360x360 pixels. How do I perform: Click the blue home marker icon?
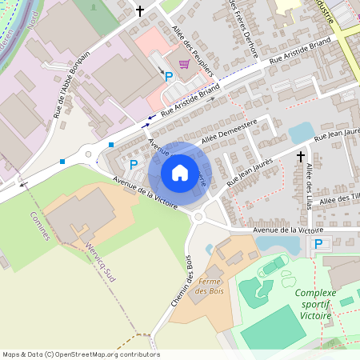point(180,171)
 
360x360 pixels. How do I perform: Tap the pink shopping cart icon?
point(184,64)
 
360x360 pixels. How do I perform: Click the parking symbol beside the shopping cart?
point(169,77)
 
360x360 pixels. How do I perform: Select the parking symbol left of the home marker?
point(134,164)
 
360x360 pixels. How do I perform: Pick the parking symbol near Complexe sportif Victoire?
point(318,244)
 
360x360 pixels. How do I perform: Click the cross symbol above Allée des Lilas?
point(301,157)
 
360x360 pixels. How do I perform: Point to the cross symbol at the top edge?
point(141,11)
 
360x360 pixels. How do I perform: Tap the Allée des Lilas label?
point(310,183)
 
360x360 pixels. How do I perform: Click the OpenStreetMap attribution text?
point(81,354)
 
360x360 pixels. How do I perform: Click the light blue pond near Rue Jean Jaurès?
point(301,131)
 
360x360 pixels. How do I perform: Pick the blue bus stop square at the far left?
point(62,161)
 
